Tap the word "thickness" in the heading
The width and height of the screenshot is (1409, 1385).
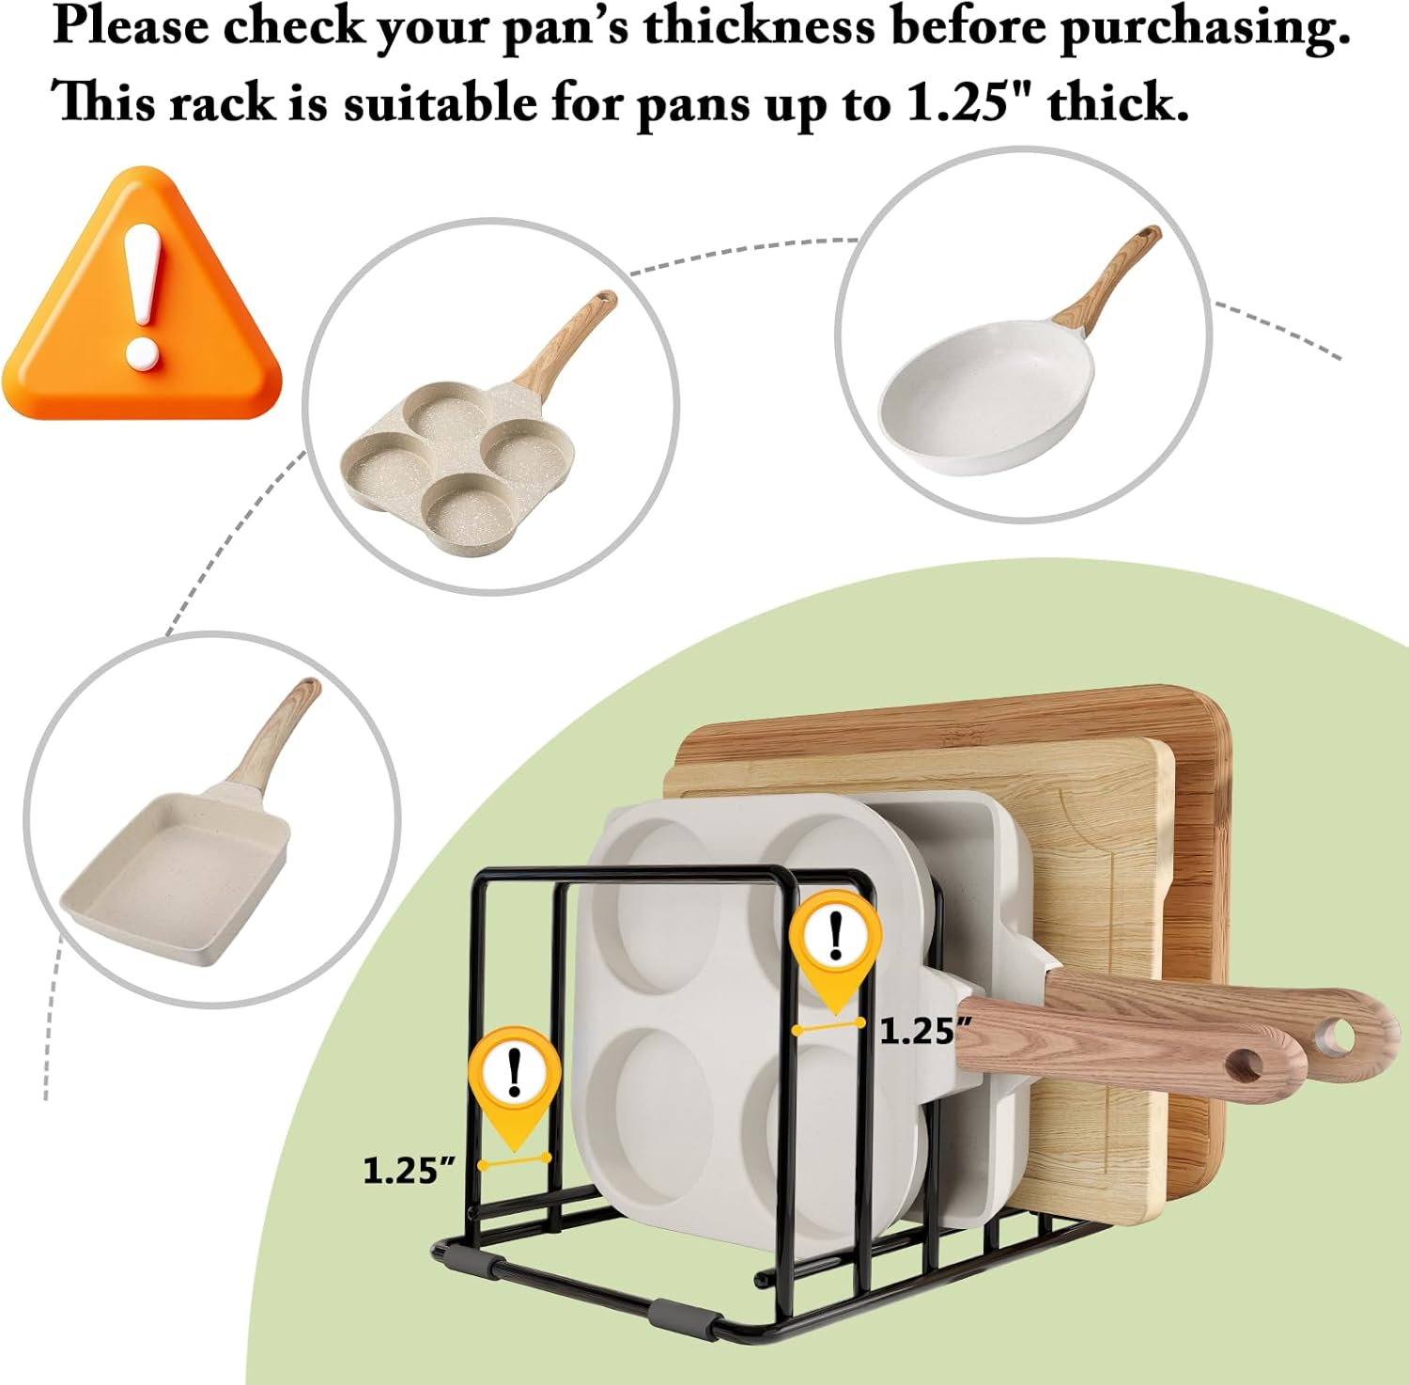(x=759, y=26)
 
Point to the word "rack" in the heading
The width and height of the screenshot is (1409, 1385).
(x=223, y=101)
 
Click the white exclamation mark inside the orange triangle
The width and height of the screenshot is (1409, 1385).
(x=143, y=296)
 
